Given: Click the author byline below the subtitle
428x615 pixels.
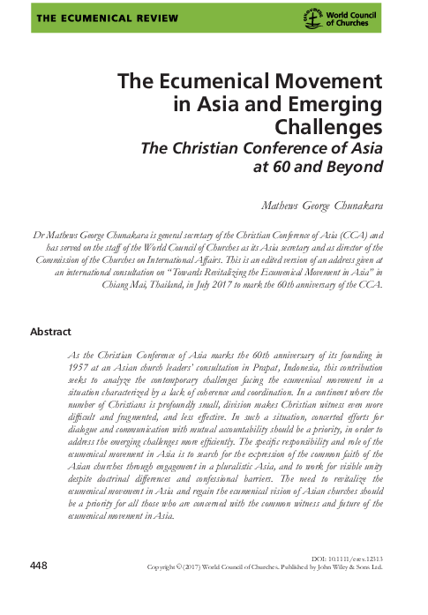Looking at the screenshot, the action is [x=326, y=207].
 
